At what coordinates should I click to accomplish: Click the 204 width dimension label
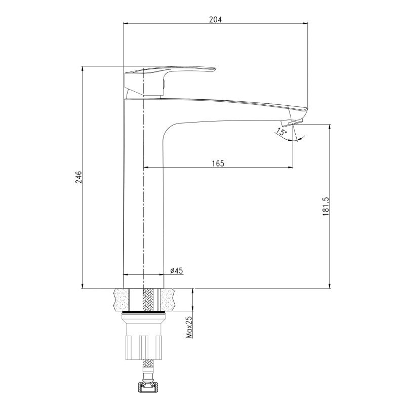click(216, 19)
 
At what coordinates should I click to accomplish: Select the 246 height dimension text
click(78, 177)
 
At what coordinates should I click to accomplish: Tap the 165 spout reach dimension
click(218, 164)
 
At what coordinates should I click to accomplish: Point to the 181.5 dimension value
click(326, 206)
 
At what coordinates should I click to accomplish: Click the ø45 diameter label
click(176, 270)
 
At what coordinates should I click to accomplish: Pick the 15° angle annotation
click(281, 132)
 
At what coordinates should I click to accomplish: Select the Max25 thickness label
click(190, 327)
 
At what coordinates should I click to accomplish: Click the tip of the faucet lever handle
click(215, 69)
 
